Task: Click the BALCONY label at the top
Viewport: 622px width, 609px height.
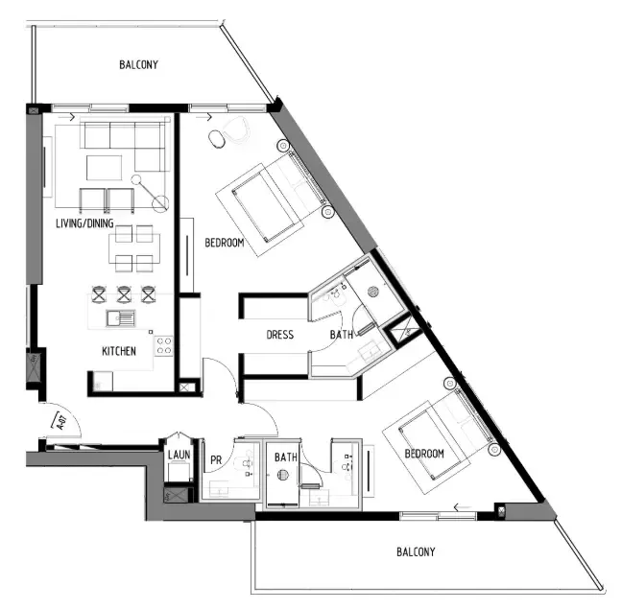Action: click(139, 65)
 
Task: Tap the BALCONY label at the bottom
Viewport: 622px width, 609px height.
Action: click(416, 551)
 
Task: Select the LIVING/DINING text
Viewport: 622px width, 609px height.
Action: click(86, 224)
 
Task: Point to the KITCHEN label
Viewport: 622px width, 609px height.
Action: click(119, 351)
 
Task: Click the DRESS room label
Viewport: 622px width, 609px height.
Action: click(279, 335)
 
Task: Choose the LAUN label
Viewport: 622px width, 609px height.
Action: click(179, 455)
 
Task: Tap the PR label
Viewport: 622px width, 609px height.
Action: click(216, 460)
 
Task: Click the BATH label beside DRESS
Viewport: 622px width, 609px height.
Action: click(342, 335)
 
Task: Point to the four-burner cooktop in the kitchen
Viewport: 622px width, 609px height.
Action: click(162, 345)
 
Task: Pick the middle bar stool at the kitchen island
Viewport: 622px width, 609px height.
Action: click(124, 294)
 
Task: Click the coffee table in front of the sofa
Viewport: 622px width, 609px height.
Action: click(104, 168)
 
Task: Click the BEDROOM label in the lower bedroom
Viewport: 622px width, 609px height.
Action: click(423, 453)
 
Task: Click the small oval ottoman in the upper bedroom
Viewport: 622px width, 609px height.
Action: click(220, 140)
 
